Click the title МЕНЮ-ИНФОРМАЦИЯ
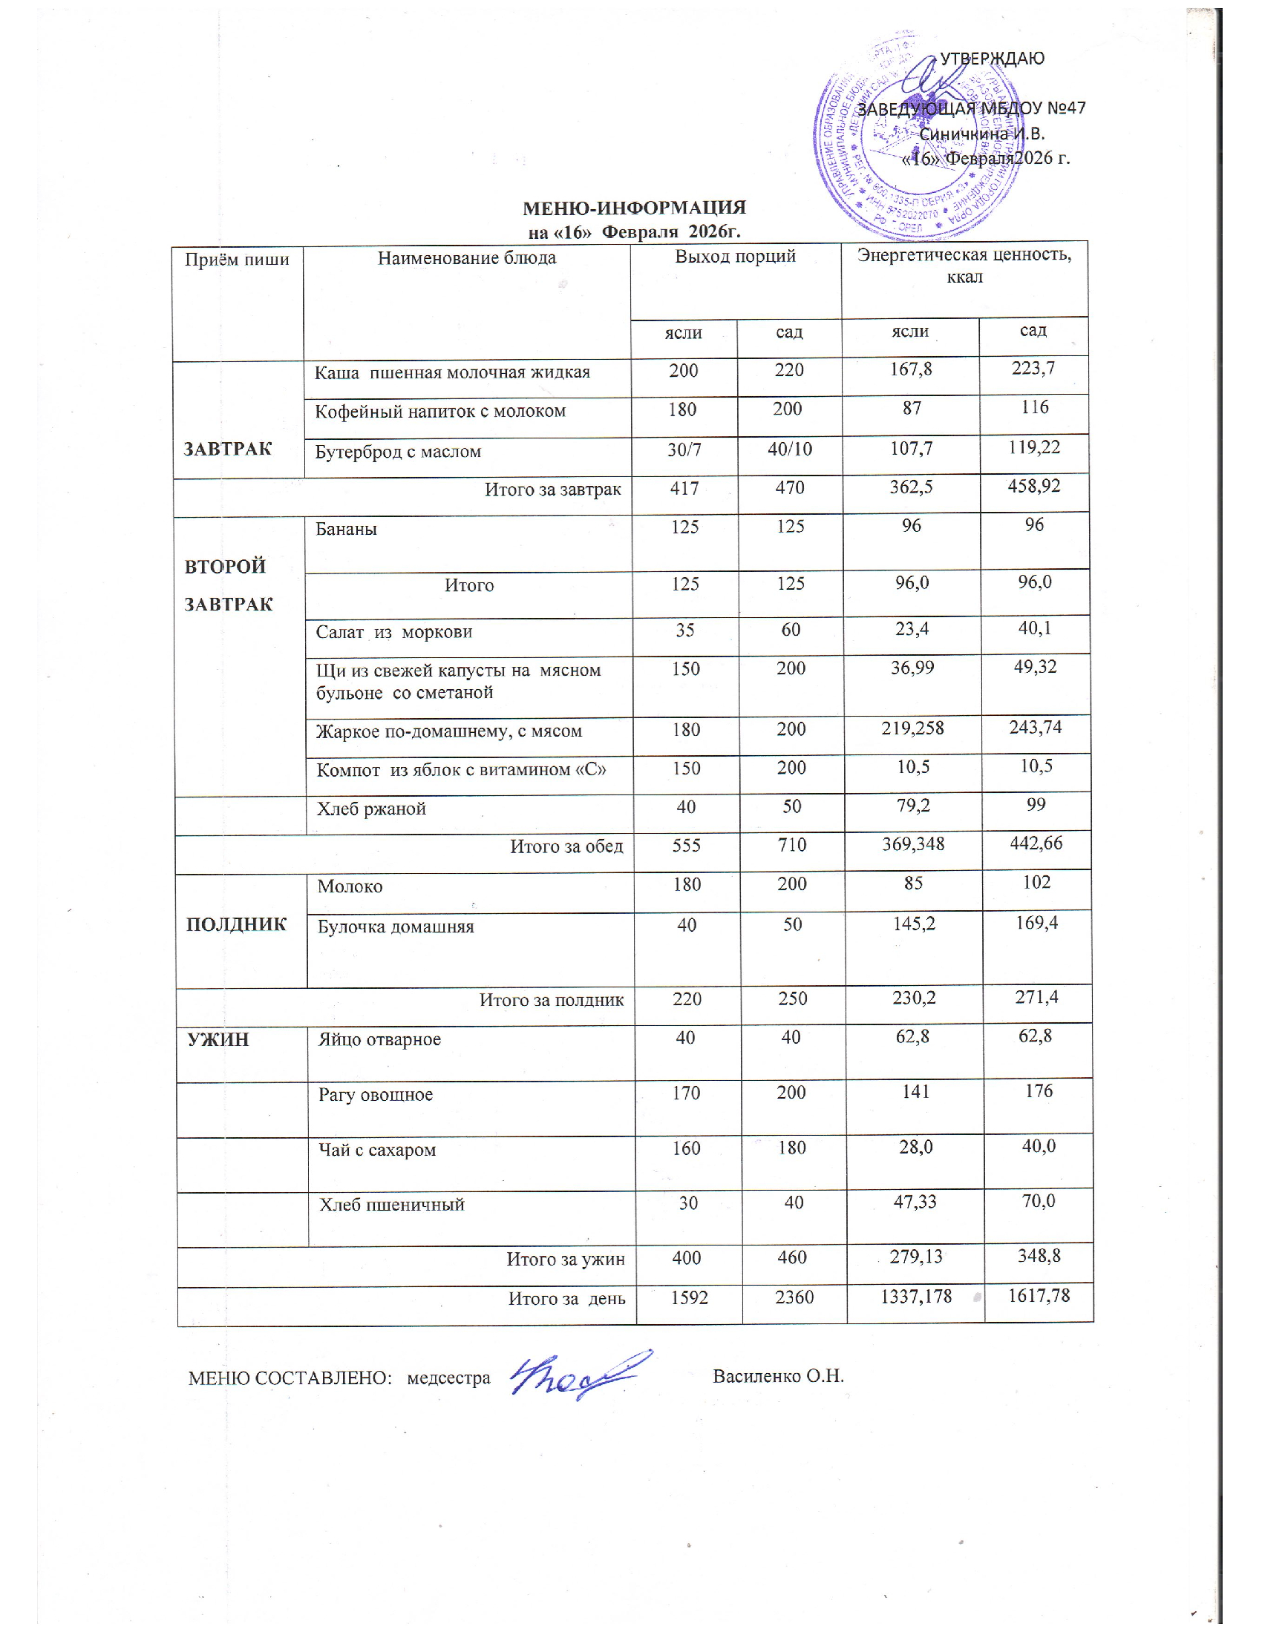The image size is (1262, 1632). point(634,208)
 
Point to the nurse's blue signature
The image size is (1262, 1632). point(579,1376)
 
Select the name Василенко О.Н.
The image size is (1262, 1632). point(778,1375)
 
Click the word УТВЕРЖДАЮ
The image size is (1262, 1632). point(991,59)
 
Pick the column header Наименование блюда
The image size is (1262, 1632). point(466,259)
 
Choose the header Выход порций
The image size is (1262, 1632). point(735,257)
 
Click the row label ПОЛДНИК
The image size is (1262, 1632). point(236,924)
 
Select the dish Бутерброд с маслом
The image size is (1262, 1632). point(398,452)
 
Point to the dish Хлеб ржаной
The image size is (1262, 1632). point(372,809)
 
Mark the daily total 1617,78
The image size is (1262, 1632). point(1039,1295)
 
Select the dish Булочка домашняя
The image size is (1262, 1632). point(396,927)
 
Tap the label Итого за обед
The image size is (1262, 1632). point(566,846)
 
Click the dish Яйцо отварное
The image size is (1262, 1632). point(380,1039)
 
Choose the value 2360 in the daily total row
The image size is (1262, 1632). point(794,1297)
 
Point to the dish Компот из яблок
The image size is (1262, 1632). point(461,771)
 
